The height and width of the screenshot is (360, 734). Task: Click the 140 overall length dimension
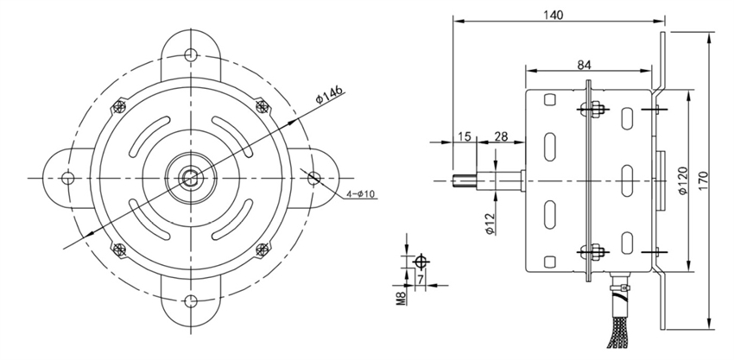click(x=554, y=15)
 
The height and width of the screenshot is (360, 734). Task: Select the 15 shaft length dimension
click(x=465, y=136)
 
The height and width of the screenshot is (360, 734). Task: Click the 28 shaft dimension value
click(x=499, y=136)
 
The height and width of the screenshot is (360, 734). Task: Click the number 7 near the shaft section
click(x=421, y=280)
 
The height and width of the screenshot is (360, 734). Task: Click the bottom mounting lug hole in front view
click(x=192, y=302)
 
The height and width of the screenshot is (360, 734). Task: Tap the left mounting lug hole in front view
click(x=66, y=177)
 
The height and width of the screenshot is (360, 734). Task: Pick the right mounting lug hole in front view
click(x=315, y=177)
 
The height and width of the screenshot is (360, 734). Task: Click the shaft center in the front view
click(x=191, y=178)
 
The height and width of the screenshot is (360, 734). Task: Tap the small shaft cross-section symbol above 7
click(x=421, y=261)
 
